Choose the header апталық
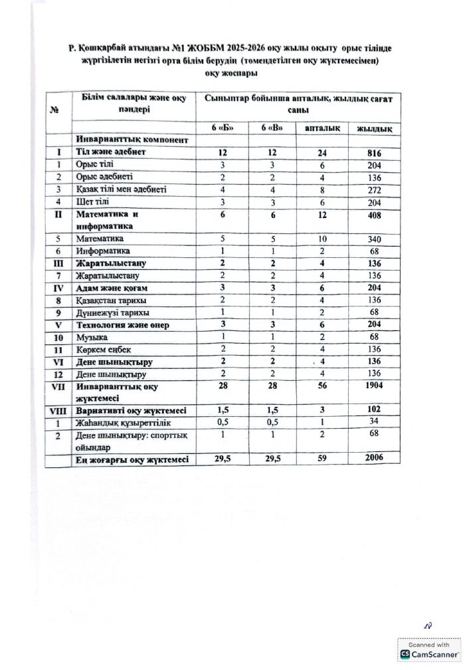click(x=322, y=128)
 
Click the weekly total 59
click(x=322, y=459)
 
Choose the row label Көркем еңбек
click(x=100, y=350)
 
